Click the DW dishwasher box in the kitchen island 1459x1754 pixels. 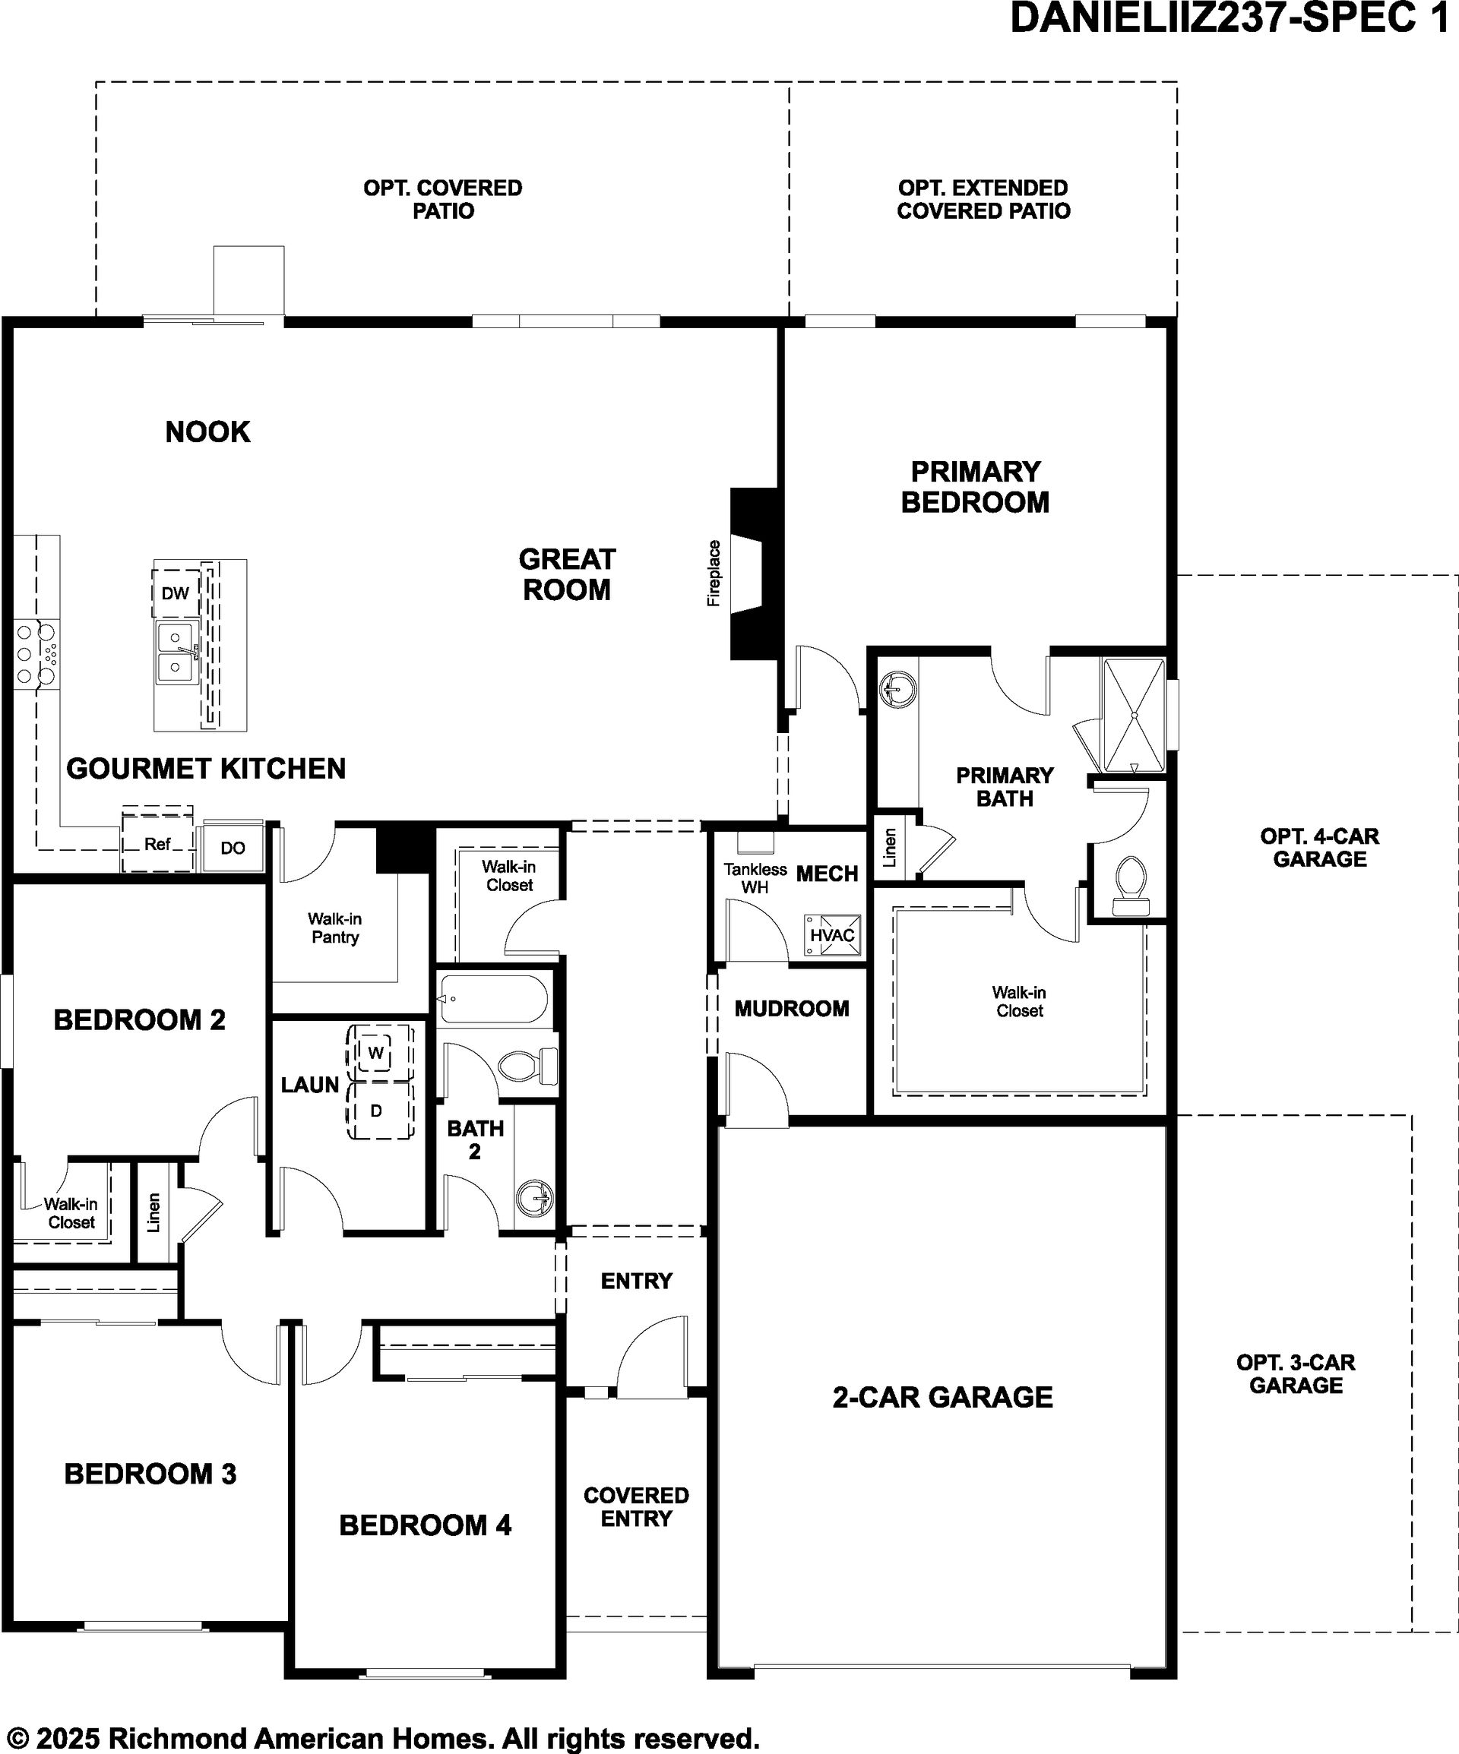click(176, 593)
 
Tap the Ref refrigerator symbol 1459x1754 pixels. click(158, 844)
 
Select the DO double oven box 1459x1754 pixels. click(233, 848)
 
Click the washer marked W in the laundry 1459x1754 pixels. click(376, 1052)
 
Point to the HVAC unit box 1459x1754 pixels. click(832, 934)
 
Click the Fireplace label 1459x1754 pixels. click(714, 573)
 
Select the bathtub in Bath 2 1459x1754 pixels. click(493, 999)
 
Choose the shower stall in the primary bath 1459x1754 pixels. click(1134, 716)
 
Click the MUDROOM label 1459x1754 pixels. click(791, 1009)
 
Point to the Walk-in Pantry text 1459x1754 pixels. click(335, 928)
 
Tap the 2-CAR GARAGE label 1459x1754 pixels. click(942, 1396)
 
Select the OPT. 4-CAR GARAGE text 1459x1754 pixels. click(1319, 847)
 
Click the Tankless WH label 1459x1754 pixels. click(755, 878)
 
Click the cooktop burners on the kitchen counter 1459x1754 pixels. click(36, 653)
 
